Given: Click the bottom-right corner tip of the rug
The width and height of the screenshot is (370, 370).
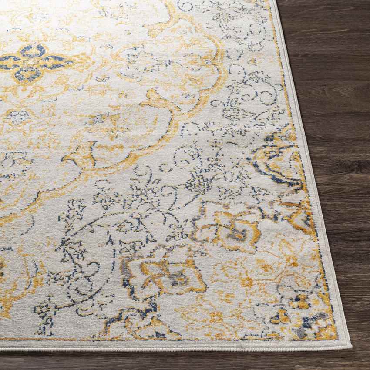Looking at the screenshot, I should (350, 346).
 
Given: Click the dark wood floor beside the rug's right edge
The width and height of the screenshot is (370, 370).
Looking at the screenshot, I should (340, 131).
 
